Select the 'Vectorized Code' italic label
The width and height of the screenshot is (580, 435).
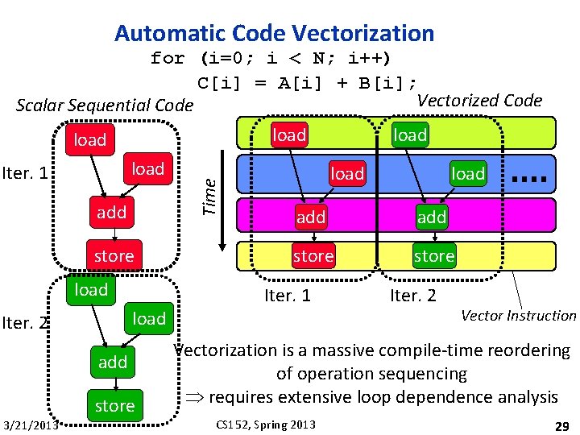[x=479, y=100]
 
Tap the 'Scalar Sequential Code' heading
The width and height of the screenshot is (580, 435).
[x=105, y=106]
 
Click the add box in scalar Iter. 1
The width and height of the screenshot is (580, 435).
[x=112, y=212]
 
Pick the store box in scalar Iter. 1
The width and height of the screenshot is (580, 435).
[x=114, y=255]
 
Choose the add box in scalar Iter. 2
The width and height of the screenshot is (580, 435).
[x=113, y=362]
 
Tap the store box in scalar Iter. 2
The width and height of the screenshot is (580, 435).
[x=114, y=405]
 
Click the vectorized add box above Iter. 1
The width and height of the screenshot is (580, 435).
[x=311, y=217]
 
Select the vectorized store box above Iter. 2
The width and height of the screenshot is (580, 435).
[x=434, y=256]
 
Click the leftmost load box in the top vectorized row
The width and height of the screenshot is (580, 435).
[x=289, y=135]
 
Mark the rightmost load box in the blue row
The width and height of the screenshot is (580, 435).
[x=468, y=173]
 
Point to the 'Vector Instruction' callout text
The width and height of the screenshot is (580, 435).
[x=518, y=316]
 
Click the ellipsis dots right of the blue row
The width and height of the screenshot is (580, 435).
[x=529, y=177]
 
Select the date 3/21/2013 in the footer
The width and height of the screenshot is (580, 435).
[x=31, y=425]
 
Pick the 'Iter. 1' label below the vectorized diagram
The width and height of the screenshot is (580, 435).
[x=288, y=295]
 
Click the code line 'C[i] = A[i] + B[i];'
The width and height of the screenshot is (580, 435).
[x=308, y=82]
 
